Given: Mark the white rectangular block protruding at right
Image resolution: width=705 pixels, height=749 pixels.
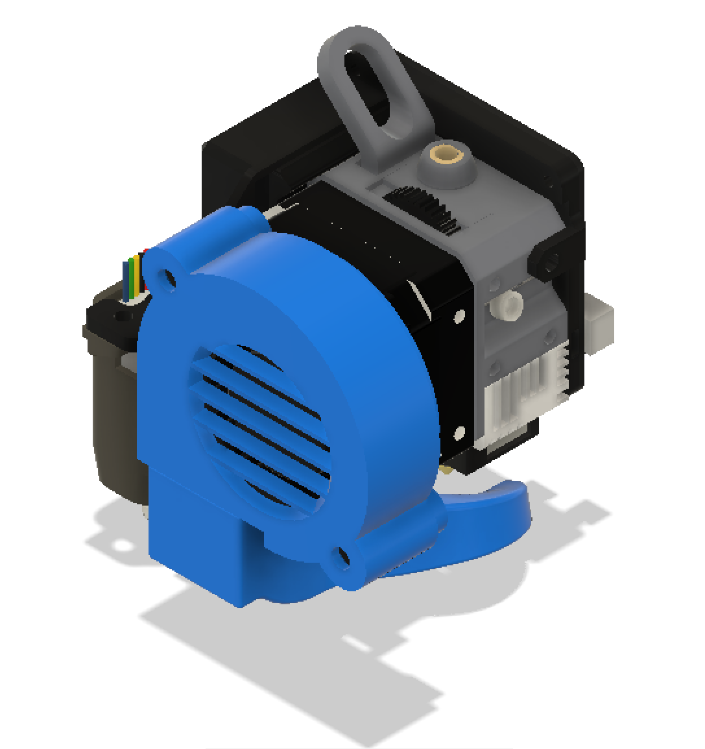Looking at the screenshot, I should tap(600, 321).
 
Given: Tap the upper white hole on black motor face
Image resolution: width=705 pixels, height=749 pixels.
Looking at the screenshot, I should tap(459, 316).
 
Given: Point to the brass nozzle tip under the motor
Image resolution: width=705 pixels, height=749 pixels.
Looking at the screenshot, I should tap(447, 469).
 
